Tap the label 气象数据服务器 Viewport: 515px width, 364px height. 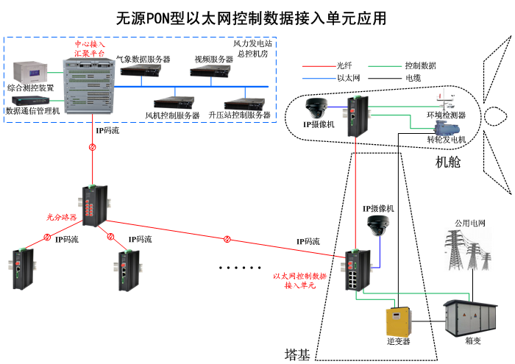pos(143,59)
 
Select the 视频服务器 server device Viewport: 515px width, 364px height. pos(212,71)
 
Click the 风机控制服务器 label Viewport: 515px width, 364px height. pos(173,115)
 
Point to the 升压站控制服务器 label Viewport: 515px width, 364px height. pos(241,115)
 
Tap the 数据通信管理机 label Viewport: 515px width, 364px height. pos(32,111)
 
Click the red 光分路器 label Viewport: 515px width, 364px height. pos(61,217)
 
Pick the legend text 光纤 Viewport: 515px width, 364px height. pos(345,66)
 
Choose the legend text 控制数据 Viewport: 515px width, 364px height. pos(420,66)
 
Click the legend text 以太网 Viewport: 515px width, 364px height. pos(347,77)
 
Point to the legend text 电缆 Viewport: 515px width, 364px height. pos(413,77)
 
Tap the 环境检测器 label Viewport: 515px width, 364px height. pos(446,115)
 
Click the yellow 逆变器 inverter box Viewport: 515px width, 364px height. pos(398,319)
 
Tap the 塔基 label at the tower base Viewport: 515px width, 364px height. pos(297,354)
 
